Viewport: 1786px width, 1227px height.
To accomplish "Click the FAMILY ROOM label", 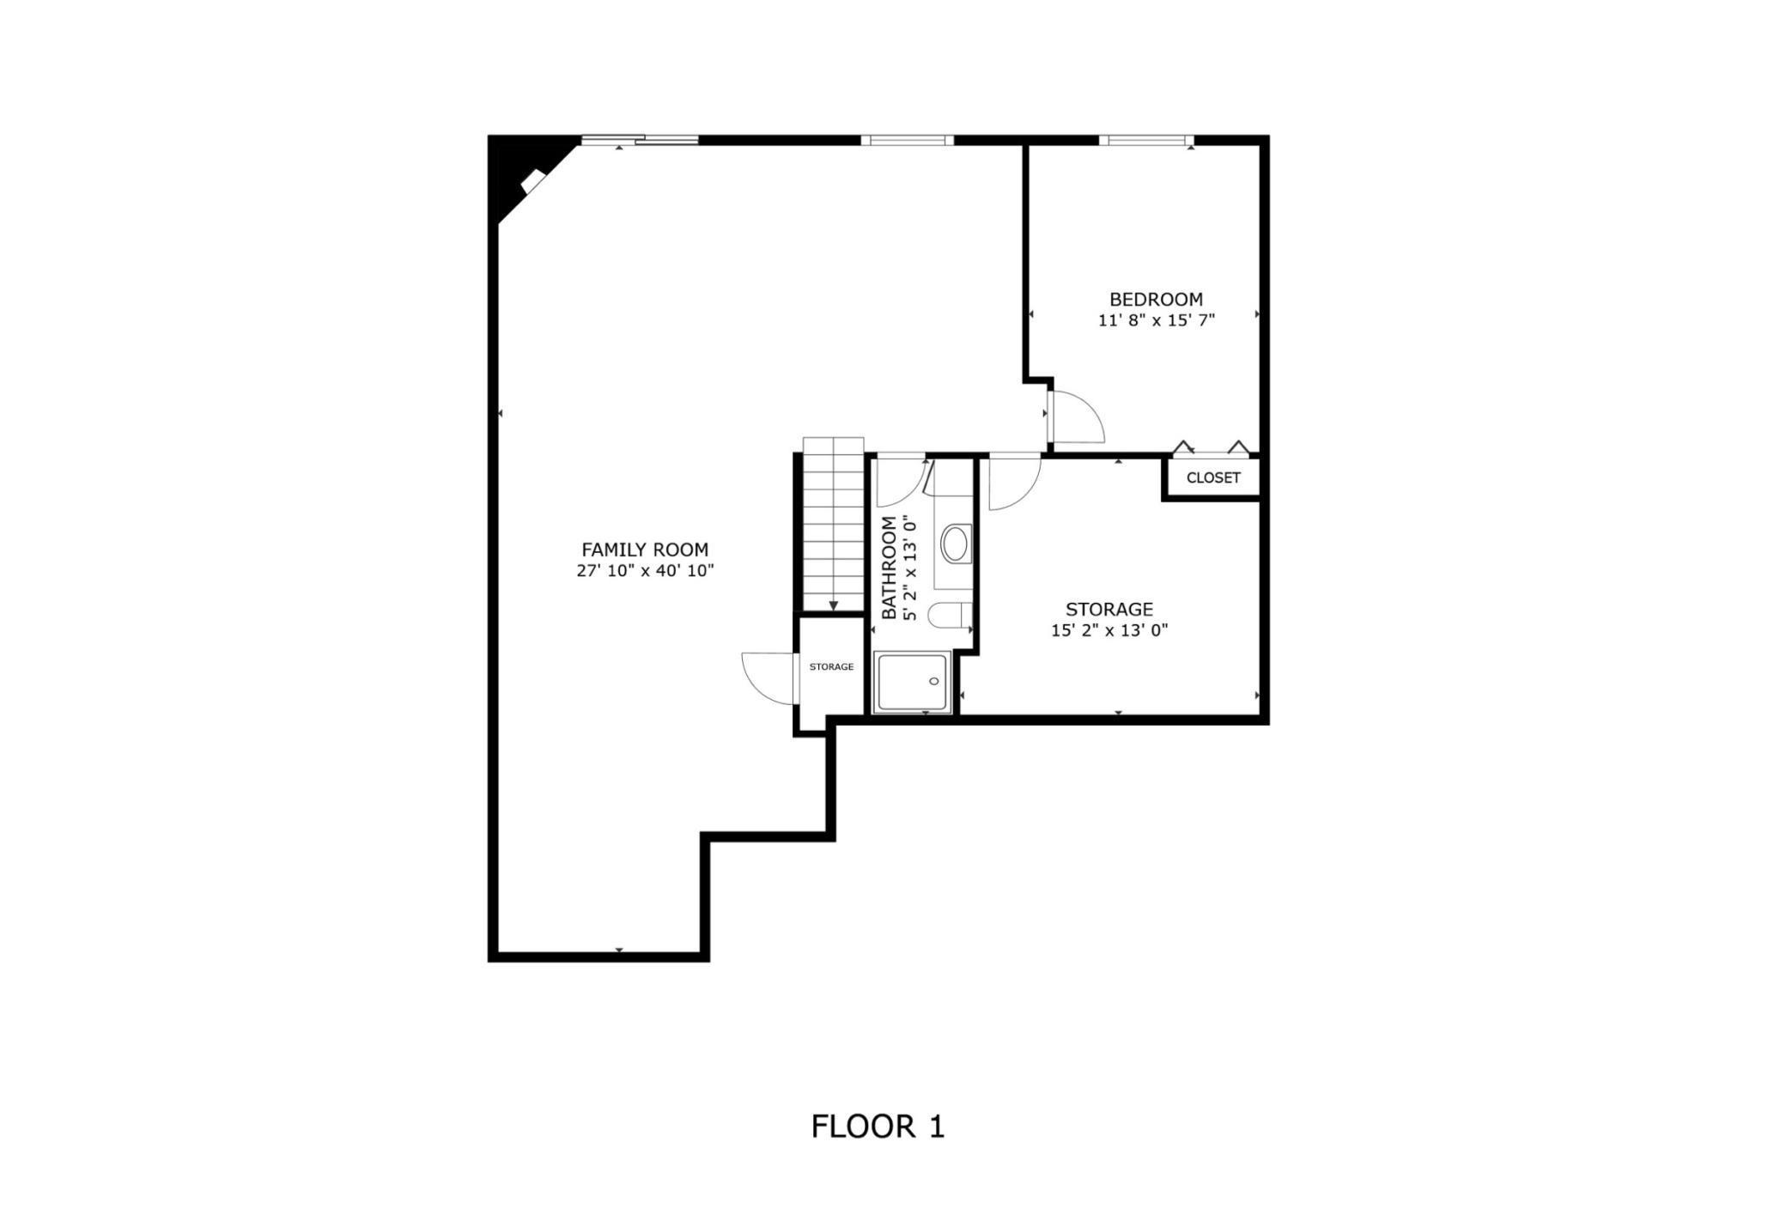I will click(x=645, y=550).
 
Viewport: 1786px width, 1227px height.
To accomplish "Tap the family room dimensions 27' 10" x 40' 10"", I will click(x=645, y=571).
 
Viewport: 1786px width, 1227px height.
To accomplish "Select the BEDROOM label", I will click(x=1156, y=300).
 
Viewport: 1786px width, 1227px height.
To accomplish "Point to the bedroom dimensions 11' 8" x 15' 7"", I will click(x=1156, y=321).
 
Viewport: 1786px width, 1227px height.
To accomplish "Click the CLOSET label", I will click(x=1212, y=477).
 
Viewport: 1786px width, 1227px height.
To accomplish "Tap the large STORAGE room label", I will click(x=1109, y=610).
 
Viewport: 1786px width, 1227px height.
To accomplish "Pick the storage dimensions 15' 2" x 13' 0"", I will click(x=1109, y=631).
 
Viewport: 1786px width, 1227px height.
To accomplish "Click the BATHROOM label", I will click(x=889, y=568).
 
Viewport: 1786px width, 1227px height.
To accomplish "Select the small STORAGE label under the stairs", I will click(x=831, y=667).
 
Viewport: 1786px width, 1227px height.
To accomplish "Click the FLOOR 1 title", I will click(x=878, y=1127).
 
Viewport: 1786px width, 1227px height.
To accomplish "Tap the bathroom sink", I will click(x=955, y=544).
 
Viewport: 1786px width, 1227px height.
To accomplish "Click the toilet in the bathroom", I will click(x=950, y=616).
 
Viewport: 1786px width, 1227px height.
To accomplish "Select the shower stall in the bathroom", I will click(x=912, y=682).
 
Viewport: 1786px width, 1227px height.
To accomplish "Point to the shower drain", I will click(x=934, y=681).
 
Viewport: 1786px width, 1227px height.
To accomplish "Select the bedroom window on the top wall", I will click(x=1145, y=140).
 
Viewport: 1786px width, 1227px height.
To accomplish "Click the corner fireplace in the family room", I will click(x=533, y=181).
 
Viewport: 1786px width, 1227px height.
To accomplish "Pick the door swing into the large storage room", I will click(x=1013, y=481).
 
